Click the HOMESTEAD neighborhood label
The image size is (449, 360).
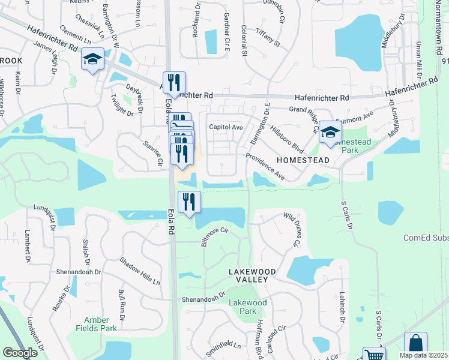click(303, 160)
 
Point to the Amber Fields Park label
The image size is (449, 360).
click(97, 324)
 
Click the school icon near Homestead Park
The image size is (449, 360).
click(330, 133)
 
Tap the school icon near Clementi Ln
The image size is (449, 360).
click(92, 59)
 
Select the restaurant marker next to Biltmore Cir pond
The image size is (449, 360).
click(189, 202)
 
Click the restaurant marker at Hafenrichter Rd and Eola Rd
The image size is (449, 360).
click(174, 83)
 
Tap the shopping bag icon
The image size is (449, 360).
click(415, 344)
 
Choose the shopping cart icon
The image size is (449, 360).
click(374, 355)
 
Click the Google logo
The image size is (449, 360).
click(20, 353)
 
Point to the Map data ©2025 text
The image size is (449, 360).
click(424, 355)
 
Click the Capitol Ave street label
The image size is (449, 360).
click(226, 127)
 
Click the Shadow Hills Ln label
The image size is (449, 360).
click(140, 271)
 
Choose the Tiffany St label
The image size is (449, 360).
click(268, 37)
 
